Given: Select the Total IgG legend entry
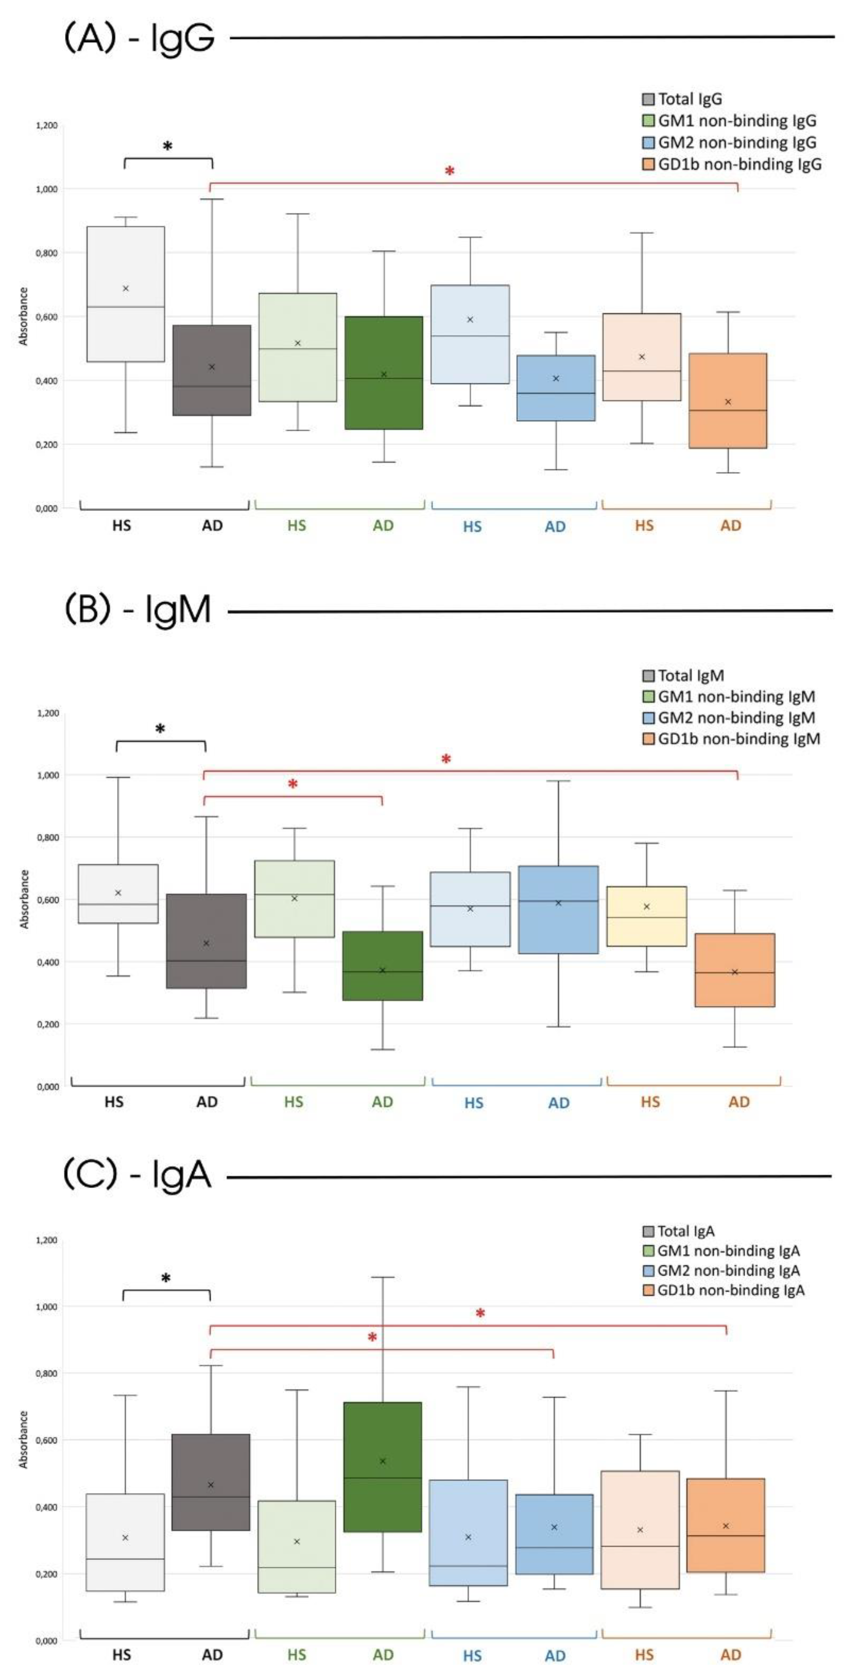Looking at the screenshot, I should [689, 99].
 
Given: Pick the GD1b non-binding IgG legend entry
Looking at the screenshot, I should [738, 164].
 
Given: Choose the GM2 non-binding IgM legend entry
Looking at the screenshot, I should [736, 718].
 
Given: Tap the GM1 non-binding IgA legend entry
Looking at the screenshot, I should [728, 1251].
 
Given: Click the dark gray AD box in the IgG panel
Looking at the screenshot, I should [212, 370].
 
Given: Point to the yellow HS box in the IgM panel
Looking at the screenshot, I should [646, 916].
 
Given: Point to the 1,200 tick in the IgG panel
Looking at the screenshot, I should [46, 125].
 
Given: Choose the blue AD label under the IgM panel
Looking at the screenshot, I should [559, 1103].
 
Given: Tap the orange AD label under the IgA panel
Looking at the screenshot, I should [730, 1655].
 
